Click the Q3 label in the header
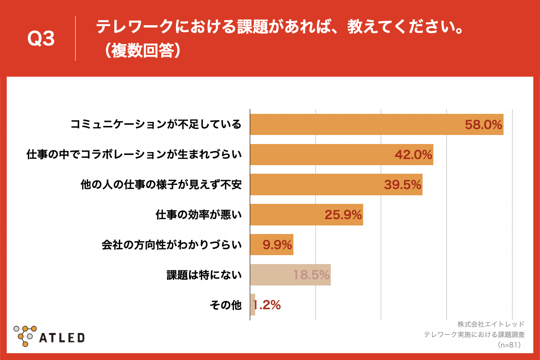click(x=41, y=39)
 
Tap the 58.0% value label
click(x=483, y=125)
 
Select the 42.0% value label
click(x=414, y=155)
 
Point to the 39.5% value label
click(x=403, y=184)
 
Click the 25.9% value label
click(x=343, y=215)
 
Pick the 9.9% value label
click(x=277, y=245)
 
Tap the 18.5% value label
click(x=311, y=274)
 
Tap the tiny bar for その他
click(x=252, y=305)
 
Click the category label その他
click(x=226, y=305)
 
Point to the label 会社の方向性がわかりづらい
click(x=172, y=245)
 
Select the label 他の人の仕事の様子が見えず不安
click(x=161, y=184)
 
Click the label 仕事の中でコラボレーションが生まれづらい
click(x=134, y=155)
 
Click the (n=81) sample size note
click(x=509, y=345)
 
